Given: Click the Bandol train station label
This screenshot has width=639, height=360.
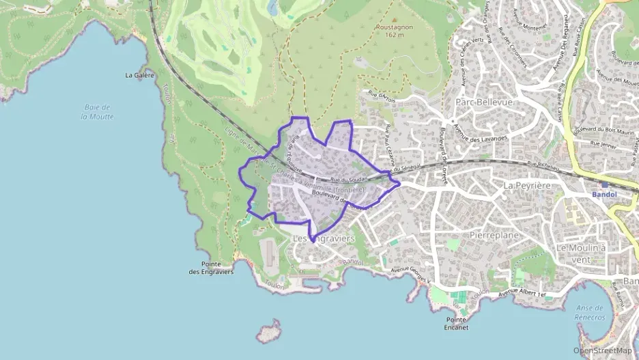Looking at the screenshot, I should (x=604, y=194).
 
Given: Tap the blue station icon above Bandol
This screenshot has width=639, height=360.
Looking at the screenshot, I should (x=603, y=184).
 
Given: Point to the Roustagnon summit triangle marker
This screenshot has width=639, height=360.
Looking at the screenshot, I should (x=394, y=21).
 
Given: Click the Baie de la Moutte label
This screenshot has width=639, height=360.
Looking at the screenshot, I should (x=98, y=112).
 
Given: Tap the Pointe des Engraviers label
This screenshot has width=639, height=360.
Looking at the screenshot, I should (x=211, y=268).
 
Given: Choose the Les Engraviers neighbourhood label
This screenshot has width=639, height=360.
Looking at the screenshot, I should (x=324, y=239).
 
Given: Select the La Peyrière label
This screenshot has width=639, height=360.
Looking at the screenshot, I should (x=527, y=185).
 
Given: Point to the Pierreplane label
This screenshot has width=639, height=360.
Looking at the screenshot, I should (x=495, y=235).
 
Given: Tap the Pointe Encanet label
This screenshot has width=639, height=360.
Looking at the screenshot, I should (x=456, y=324).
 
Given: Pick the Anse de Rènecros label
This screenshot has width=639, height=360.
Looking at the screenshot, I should (x=591, y=313).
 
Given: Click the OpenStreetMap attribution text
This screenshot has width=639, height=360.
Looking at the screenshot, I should (x=602, y=350).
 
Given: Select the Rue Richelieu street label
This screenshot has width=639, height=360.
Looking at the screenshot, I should (x=544, y=165).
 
